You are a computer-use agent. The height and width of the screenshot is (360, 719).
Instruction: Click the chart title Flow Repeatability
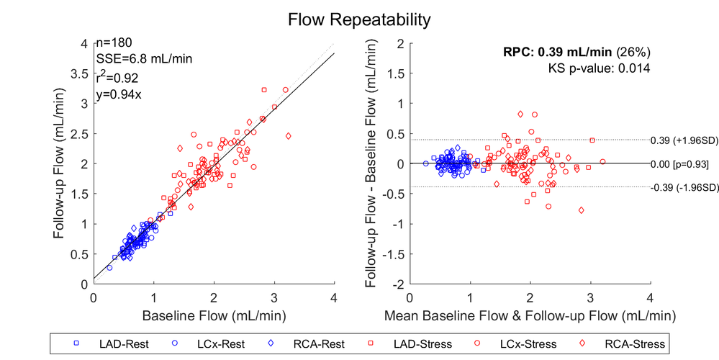pos(359,19)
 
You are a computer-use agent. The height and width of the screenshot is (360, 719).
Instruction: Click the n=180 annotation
pos(114,43)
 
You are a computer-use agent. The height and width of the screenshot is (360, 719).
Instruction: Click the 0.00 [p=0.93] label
pos(679,164)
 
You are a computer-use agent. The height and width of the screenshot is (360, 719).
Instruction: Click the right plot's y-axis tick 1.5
pos(394,73)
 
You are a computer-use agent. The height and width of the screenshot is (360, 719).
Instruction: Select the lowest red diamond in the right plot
pos(581,210)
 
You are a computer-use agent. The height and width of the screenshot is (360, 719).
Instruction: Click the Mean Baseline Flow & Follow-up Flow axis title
pos(530,315)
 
